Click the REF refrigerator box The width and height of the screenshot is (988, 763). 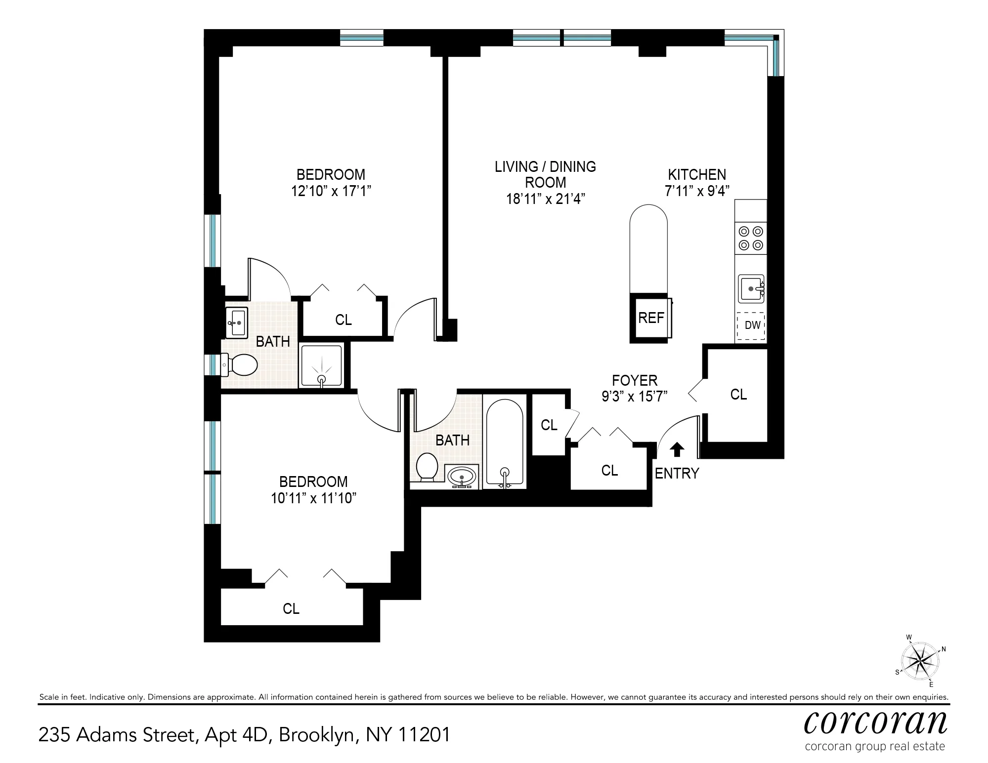tap(650, 318)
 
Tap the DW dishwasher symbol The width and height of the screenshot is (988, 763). tap(751, 325)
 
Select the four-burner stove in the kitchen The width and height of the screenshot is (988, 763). tap(751, 238)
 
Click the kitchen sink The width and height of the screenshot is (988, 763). tap(751, 288)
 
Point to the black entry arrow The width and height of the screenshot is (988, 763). tap(677, 449)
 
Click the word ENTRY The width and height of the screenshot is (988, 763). tap(677, 473)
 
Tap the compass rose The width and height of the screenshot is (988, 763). tap(920, 661)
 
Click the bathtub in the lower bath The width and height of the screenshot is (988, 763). tap(504, 442)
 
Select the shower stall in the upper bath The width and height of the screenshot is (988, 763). tap(322, 366)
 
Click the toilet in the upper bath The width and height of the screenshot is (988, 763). tap(241, 365)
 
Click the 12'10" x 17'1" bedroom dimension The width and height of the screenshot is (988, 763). tap(331, 191)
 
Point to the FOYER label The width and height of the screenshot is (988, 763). tap(635, 380)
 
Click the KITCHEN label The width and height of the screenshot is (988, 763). tap(697, 174)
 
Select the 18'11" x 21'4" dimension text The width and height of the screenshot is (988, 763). tap(545, 199)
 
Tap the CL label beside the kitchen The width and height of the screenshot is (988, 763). tap(738, 394)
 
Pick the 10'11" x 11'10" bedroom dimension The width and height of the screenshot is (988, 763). tap(313, 498)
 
